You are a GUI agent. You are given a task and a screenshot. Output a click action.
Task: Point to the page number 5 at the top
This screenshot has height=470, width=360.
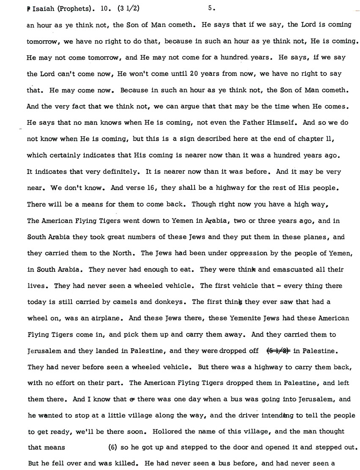coord(211,8)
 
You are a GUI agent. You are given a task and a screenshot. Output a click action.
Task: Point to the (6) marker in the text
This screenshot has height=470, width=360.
coord(113,448)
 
